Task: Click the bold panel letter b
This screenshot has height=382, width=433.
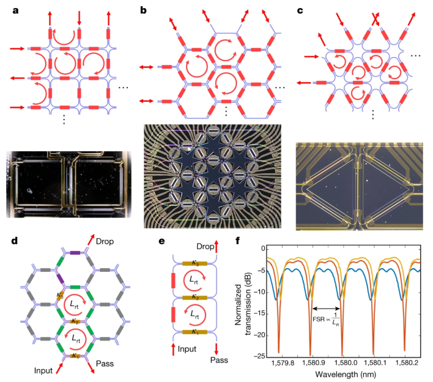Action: pyautogui.click(x=143, y=9)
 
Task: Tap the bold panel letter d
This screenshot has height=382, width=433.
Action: pyautogui.click(x=15, y=241)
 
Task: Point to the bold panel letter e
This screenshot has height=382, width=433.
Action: pyautogui.click(x=162, y=241)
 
